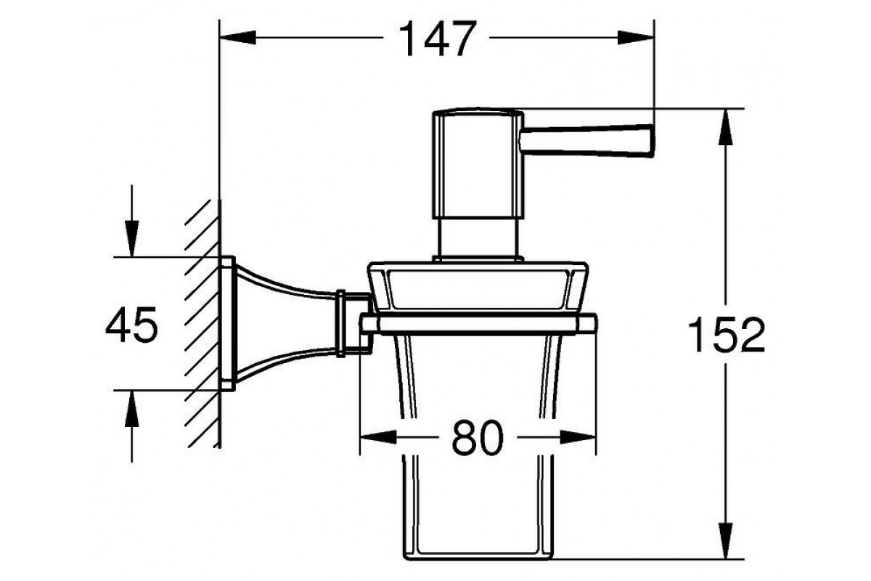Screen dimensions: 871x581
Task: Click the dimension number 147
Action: click(x=437, y=38)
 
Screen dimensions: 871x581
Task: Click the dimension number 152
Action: click(x=726, y=335)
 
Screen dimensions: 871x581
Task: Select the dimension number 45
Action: click(x=132, y=325)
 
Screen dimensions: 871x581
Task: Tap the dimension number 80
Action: click(x=478, y=438)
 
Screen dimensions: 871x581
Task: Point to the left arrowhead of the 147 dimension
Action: click(x=237, y=37)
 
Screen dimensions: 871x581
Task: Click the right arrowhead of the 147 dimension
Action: click(x=636, y=37)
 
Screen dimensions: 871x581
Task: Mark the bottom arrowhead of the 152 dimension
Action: click(x=726, y=540)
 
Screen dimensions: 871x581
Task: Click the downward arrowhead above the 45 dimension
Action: click(x=132, y=238)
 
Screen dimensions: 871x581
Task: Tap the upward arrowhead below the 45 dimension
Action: click(x=132, y=408)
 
